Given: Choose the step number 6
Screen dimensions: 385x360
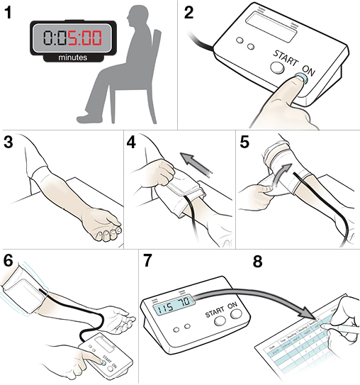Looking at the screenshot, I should [x=9, y=259].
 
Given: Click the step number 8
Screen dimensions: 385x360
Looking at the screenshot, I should [x=258, y=261].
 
